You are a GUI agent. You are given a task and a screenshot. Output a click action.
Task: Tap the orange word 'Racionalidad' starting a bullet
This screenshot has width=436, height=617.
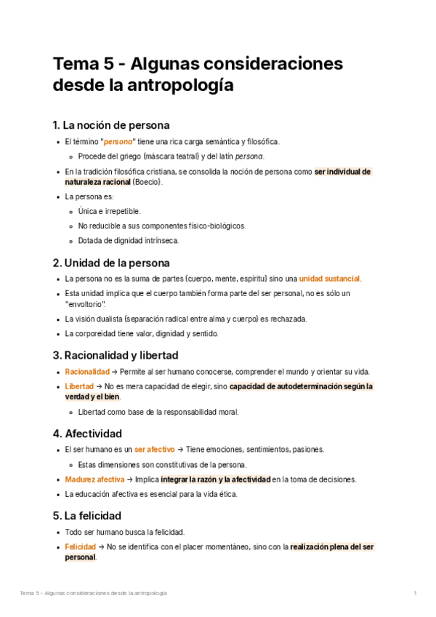click(87, 372)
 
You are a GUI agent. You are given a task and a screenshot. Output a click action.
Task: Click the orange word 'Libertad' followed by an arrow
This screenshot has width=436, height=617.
click(79, 386)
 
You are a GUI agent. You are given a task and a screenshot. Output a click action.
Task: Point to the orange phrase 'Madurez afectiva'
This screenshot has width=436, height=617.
click(94, 479)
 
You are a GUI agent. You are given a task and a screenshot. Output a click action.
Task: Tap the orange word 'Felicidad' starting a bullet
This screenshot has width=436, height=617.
click(80, 546)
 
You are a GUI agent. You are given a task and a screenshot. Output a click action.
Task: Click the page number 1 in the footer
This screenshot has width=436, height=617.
click(415, 594)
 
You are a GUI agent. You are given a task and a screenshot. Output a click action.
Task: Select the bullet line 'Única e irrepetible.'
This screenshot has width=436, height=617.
click(109, 211)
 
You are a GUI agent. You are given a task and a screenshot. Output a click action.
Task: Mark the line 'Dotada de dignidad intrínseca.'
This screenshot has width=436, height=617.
click(128, 240)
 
